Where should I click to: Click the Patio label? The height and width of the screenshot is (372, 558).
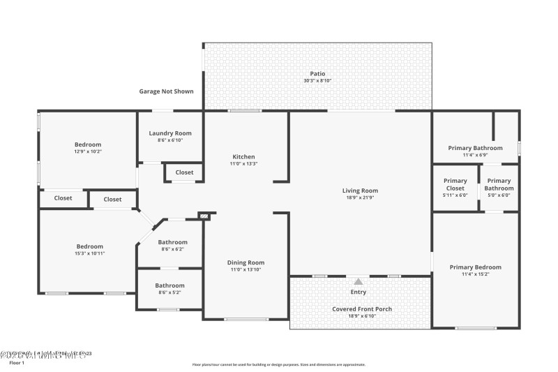[x=317, y=73]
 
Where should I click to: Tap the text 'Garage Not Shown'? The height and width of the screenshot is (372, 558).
[x=166, y=91]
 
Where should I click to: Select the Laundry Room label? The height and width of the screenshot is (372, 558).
[x=169, y=133]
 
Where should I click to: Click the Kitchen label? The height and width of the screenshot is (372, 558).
[x=243, y=157]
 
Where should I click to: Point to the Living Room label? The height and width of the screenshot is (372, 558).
[x=360, y=191]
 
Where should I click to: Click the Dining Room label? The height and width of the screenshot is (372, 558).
[x=246, y=262]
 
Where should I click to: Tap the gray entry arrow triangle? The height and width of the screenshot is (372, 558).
[x=358, y=281]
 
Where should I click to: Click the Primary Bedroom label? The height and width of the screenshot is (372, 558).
[x=475, y=267]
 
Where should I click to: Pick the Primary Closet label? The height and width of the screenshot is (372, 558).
[x=455, y=184]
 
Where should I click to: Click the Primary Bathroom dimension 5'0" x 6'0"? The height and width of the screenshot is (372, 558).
[x=499, y=195]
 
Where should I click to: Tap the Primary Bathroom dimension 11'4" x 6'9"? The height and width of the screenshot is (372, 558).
[x=475, y=155]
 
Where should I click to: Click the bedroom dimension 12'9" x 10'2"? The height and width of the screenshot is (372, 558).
[x=88, y=151]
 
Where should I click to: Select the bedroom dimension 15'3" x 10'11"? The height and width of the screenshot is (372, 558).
[x=89, y=253]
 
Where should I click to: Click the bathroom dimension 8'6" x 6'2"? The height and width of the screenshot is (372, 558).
[x=172, y=249]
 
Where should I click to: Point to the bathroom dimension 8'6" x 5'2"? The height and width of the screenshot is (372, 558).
[x=169, y=292]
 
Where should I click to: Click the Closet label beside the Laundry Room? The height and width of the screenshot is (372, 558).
[x=184, y=172]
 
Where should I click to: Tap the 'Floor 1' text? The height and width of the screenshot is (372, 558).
[x=16, y=363]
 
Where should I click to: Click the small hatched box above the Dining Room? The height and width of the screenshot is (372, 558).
[x=204, y=217]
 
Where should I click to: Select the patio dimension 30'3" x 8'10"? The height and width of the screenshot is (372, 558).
[x=317, y=81]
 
